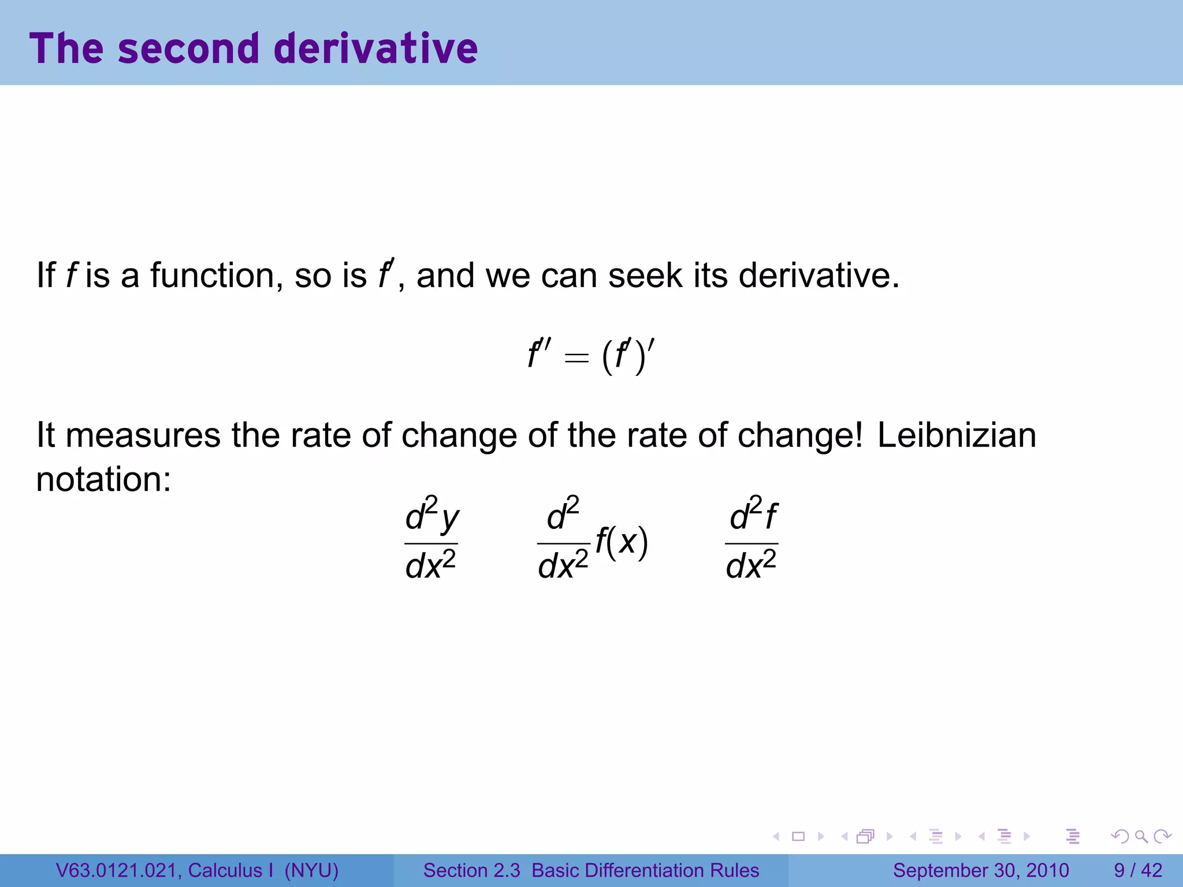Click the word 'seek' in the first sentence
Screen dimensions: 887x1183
coord(645,275)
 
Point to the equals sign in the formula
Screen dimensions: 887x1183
coord(576,358)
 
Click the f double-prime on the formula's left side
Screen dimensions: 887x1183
coord(540,354)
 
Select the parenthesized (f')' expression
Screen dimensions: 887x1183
coord(628,355)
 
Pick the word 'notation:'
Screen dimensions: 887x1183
coord(104,479)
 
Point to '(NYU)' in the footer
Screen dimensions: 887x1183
coord(311,870)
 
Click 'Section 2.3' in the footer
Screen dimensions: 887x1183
coord(471,870)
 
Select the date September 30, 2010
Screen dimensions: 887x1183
coord(981,870)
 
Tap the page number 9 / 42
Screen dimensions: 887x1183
coord(1138,870)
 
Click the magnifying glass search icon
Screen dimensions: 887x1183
coord(1141,836)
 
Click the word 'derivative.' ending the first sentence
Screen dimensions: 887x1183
coord(819,275)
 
